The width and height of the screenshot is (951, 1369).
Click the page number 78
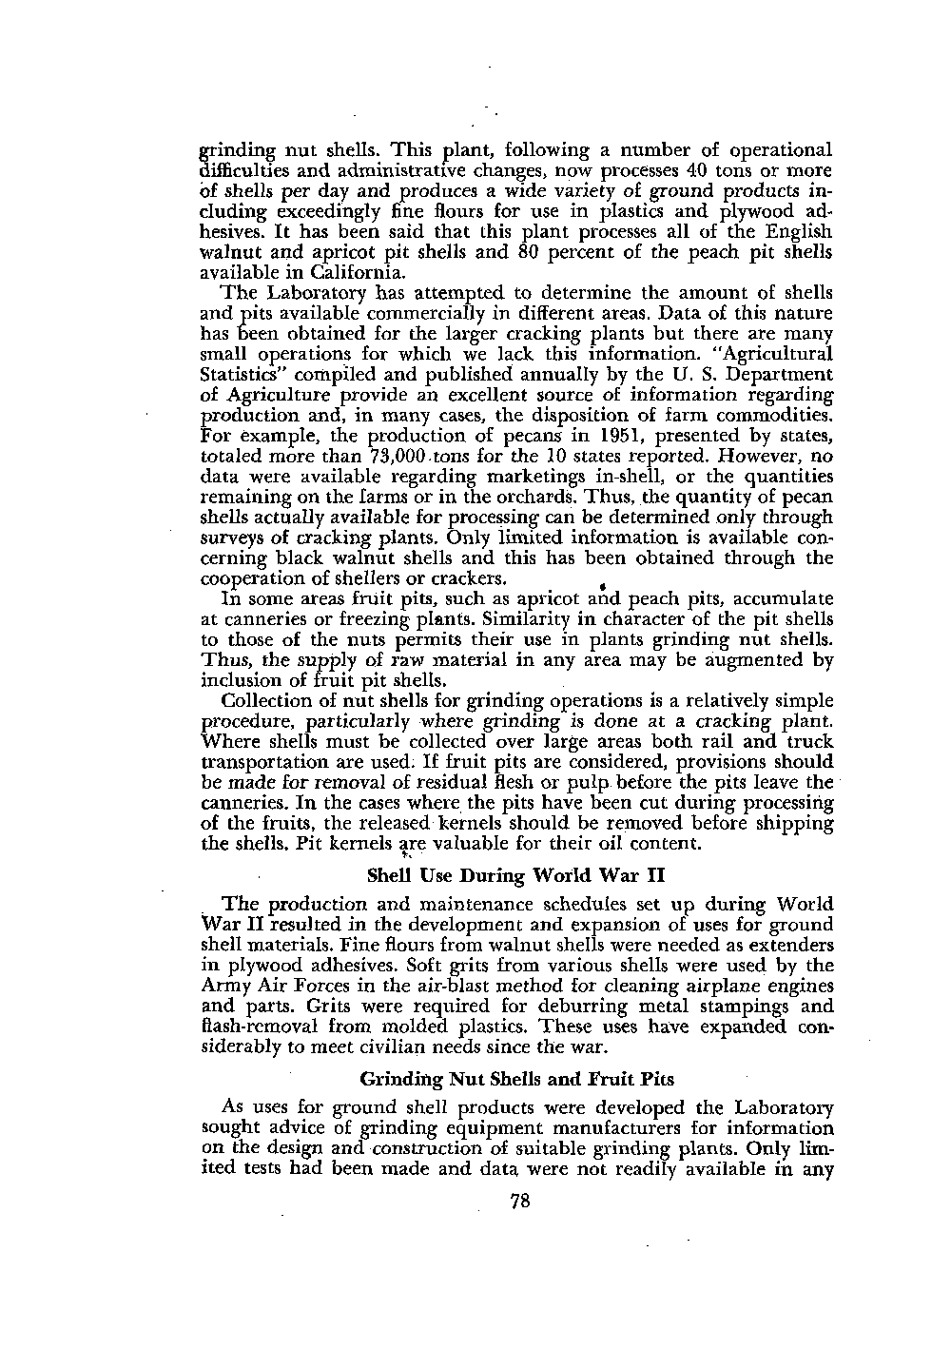coord(519,1202)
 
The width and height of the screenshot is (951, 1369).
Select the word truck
coord(809,742)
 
